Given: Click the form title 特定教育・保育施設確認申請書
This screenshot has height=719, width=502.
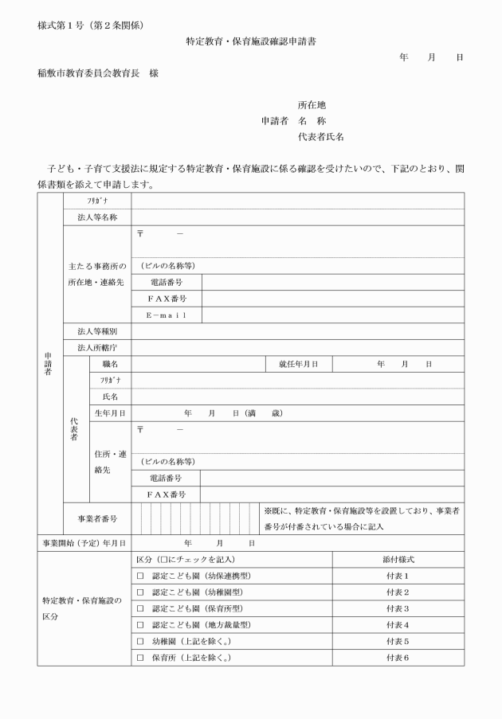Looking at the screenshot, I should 250,40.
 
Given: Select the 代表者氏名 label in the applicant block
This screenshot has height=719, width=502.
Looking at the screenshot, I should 320,137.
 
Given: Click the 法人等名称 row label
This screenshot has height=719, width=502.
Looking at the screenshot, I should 97,217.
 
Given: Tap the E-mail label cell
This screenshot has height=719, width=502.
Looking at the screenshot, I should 166,315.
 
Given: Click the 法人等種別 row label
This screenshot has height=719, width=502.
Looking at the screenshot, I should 97,331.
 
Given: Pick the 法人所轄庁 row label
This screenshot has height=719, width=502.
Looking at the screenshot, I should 97,348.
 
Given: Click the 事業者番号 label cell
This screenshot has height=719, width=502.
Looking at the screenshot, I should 97,518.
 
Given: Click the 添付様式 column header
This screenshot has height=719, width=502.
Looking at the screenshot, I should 396,560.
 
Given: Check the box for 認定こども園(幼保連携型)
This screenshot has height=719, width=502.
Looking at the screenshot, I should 139,576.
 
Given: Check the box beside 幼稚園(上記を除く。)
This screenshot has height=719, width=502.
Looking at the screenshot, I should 139,641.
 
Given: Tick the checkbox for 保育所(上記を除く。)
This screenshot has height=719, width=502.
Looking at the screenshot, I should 139,658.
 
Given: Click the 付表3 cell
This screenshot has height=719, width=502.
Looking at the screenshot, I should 396,608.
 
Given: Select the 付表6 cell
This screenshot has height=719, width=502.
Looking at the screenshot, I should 396,658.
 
